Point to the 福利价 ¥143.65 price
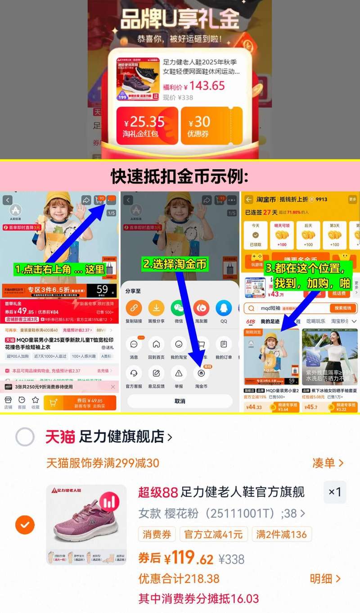click(193, 86)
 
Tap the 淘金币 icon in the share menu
click(201, 374)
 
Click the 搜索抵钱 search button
click(343, 308)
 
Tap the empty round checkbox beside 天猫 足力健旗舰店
click(25, 437)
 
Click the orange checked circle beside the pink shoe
click(25, 524)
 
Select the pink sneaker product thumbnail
click(86, 524)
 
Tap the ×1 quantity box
click(335, 492)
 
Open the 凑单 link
click(328, 463)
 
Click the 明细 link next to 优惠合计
click(325, 578)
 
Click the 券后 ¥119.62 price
click(176, 559)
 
